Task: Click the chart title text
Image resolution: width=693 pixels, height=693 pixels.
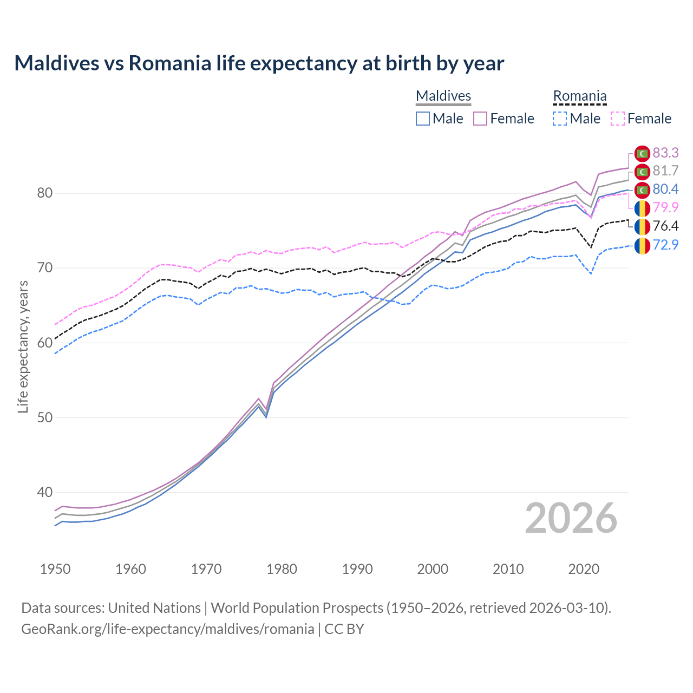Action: pos(259,63)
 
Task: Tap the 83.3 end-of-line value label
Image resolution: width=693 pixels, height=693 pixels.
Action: pos(665,153)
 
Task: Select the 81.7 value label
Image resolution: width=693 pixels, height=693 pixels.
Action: pos(665,171)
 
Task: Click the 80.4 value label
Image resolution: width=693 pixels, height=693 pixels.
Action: pos(665,189)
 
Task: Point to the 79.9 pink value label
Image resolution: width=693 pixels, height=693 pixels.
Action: pos(665,207)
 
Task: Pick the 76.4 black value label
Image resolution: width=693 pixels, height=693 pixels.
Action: pos(665,226)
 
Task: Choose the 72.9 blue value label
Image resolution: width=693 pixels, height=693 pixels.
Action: pos(665,245)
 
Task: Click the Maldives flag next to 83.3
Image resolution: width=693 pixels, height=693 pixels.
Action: pos(642,154)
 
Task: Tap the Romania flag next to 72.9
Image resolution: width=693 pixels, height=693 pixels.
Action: pos(642,245)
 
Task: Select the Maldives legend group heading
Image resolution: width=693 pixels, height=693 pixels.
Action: pos(443,96)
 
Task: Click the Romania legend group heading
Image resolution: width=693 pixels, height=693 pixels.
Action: pos(579,96)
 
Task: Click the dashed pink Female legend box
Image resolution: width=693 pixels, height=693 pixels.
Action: pos(618,119)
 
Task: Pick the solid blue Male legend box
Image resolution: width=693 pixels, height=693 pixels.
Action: pos(423,119)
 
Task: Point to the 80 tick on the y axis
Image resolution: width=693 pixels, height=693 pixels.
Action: pos(44,193)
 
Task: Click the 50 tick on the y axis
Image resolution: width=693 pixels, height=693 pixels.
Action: pos(44,417)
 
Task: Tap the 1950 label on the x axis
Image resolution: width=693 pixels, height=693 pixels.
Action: pos(55,569)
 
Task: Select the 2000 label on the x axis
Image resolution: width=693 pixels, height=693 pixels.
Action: pos(433,569)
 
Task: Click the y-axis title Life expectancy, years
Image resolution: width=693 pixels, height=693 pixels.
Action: pos(23,346)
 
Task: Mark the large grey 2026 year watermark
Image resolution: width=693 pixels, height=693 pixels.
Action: pos(571,518)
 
